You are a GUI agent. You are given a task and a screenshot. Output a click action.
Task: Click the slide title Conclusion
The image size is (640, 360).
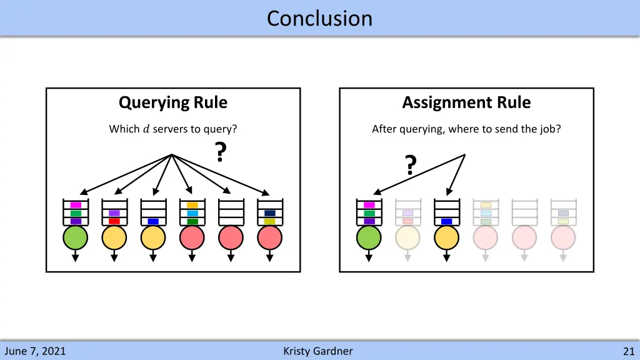pyautogui.click(x=319, y=18)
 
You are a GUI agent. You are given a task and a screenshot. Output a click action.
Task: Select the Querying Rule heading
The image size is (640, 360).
pyautogui.click(x=173, y=102)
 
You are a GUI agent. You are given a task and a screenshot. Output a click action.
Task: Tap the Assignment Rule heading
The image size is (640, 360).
pyautogui.click(x=466, y=102)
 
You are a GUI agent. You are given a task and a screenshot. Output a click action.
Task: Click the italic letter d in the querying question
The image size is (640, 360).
pyautogui.click(x=146, y=129)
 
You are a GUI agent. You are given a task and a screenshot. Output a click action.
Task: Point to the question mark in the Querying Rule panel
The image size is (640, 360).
pyautogui.click(x=220, y=152)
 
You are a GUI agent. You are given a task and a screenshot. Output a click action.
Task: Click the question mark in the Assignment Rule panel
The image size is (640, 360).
pyautogui.click(x=410, y=165)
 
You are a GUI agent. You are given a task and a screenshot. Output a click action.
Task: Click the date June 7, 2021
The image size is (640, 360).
pyautogui.click(x=35, y=351)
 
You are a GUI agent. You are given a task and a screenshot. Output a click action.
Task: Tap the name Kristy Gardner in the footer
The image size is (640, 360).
pyautogui.click(x=317, y=351)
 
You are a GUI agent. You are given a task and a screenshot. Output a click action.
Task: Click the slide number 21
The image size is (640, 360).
pyautogui.click(x=628, y=351)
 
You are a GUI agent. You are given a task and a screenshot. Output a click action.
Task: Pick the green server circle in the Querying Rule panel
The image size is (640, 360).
pyautogui.click(x=76, y=238)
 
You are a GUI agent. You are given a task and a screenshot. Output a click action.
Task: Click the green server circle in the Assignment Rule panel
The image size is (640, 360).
pyautogui.click(x=369, y=238)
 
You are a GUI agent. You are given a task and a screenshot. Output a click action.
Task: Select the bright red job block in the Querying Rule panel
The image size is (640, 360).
pyautogui.click(x=114, y=221)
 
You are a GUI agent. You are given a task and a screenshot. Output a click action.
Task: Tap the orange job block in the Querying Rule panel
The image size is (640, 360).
pyautogui.click(x=192, y=205)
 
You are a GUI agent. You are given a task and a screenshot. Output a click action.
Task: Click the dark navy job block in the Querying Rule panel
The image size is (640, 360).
pyautogui.click(x=270, y=213)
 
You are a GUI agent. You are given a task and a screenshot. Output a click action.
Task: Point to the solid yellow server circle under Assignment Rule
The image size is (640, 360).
pyautogui.click(x=447, y=238)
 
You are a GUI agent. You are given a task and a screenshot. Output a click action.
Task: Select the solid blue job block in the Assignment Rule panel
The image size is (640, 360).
pyautogui.click(x=447, y=221)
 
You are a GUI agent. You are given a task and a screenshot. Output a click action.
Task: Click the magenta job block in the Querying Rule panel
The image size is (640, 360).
pyautogui.click(x=76, y=205)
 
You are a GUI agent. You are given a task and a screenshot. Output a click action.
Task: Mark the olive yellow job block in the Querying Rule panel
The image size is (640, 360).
pyautogui.click(x=270, y=221)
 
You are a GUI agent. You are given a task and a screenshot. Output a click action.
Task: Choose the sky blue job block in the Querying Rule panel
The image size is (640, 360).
pyautogui.click(x=192, y=213)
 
